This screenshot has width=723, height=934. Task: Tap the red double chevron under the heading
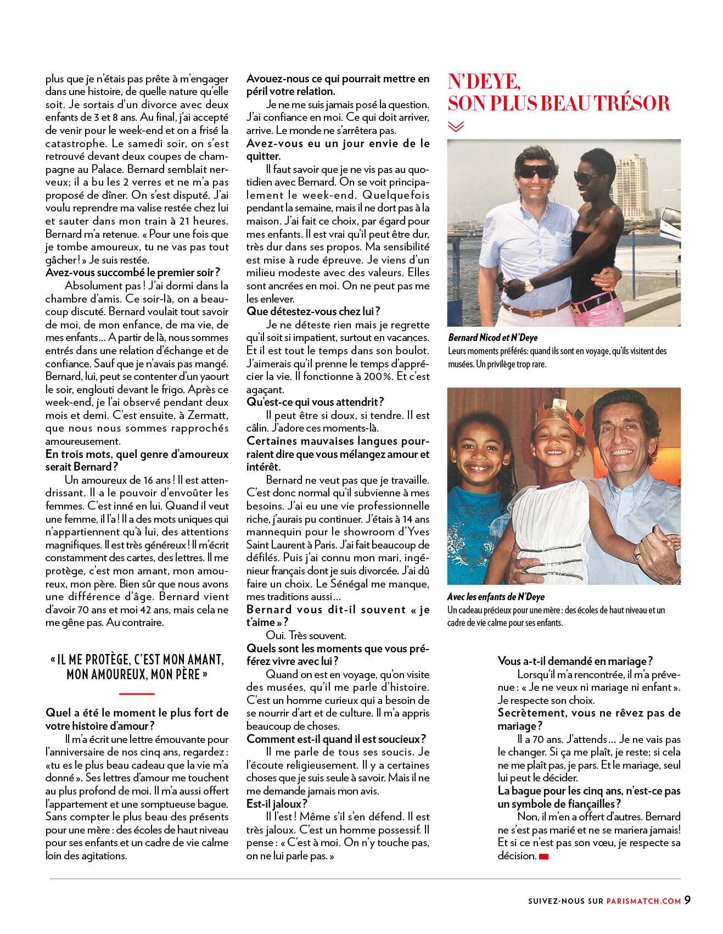456,127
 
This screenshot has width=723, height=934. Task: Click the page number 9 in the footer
687,900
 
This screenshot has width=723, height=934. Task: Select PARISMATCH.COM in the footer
643,901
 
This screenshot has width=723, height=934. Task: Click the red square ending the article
543,857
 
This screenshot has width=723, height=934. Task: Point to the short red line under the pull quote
137,694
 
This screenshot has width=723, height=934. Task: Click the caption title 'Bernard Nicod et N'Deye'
492,338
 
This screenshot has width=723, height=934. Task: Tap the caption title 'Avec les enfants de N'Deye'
496,597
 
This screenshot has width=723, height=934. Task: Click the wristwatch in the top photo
529,286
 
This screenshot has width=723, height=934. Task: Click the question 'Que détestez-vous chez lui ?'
313,311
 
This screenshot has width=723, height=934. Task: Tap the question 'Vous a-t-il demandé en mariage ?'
575,661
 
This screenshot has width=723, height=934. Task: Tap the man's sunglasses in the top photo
535,171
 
